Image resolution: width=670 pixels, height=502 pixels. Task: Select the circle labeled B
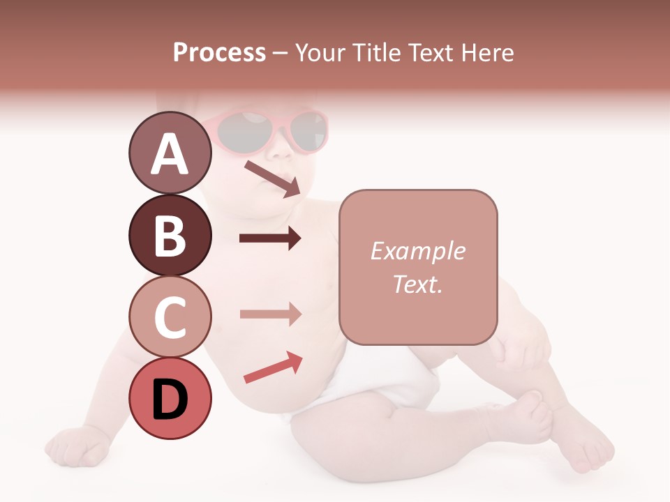170,235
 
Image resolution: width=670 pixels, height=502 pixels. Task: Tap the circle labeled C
170,317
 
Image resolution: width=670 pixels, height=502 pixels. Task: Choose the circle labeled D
170,399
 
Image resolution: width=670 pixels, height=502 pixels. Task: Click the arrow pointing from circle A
272,178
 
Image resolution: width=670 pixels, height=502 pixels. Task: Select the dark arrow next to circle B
270,238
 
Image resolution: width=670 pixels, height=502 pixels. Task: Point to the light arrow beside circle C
270,314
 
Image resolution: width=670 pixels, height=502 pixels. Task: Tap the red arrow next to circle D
273,367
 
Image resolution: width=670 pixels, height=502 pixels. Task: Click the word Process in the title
219,52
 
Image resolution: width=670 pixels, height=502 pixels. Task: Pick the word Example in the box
417,251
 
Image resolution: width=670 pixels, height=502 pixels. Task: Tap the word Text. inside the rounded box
417,284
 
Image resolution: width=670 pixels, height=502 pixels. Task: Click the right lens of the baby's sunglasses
308,131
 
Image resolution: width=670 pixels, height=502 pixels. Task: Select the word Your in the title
322,52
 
